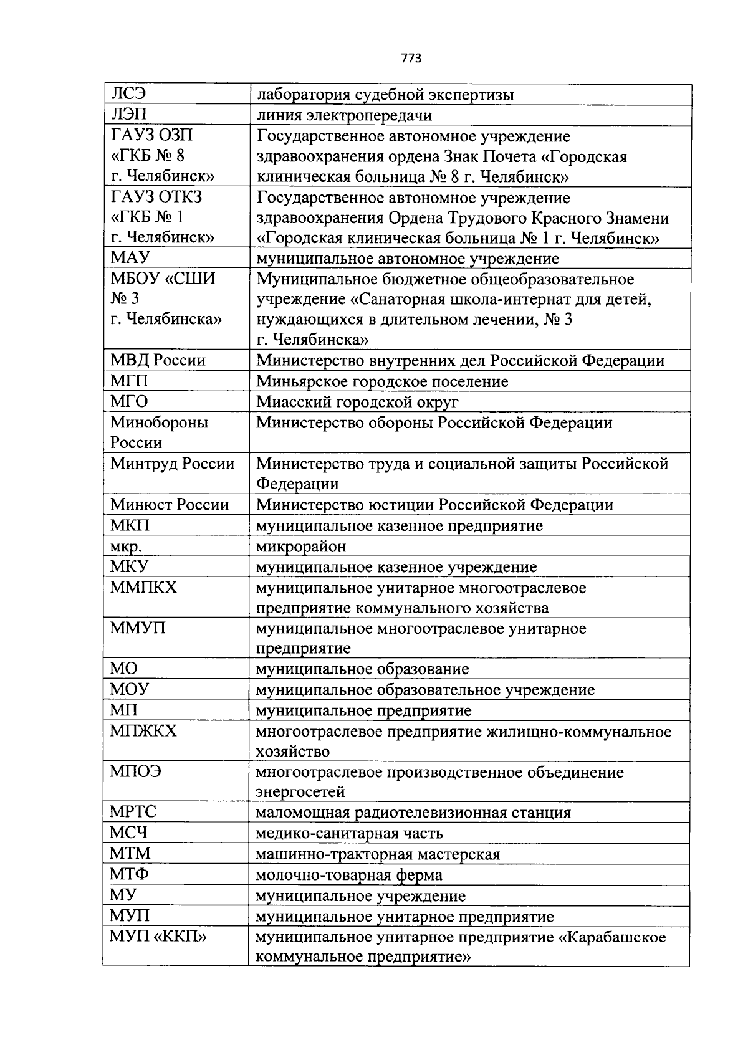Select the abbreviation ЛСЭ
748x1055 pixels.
click(128, 95)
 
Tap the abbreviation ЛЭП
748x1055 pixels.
click(129, 115)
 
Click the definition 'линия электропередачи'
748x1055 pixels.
click(344, 115)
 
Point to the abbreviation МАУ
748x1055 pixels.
click(130, 258)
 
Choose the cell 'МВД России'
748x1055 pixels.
click(158, 360)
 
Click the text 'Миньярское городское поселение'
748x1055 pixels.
click(382, 381)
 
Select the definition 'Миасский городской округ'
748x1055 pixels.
click(357, 402)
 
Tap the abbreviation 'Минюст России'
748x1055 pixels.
click(170, 504)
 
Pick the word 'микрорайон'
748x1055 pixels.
click(301, 547)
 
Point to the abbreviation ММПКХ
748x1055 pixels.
click(143, 587)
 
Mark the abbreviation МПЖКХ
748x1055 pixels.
click(143, 730)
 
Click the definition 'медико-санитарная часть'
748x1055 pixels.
click(349, 833)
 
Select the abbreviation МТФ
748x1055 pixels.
click(130, 874)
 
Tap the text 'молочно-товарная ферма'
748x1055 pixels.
click(349, 875)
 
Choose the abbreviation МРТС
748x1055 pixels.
click(133, 812)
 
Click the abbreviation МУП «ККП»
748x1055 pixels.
click(158, 936)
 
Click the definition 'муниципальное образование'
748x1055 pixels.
click(362, 669)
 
